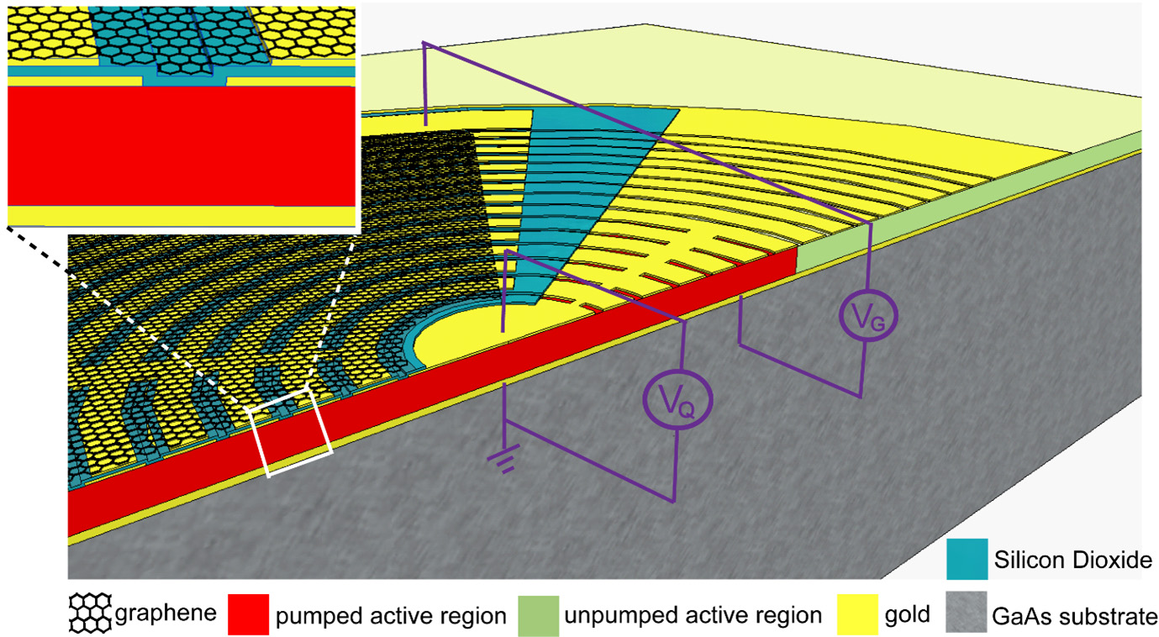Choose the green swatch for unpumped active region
pos(538,615)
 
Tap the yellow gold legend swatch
pos(857,615)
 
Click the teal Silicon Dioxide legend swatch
pos(967,558)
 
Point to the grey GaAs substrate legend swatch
pos(967,615)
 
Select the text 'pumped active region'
pos(392,616)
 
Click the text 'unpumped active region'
pos(693,616)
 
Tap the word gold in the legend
pos(907,615)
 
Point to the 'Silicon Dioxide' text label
pos(1072,560)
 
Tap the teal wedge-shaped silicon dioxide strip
pos(572,168)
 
